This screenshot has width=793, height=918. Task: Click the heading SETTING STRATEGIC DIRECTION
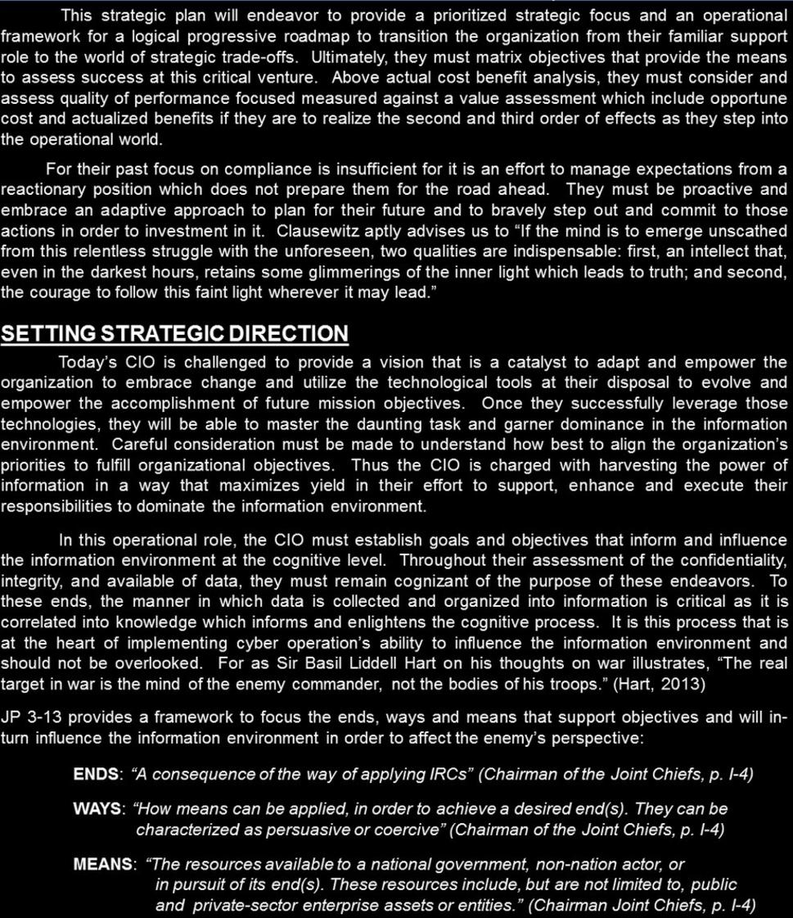(x=174, y=334)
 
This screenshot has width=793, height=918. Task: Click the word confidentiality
(x=718, y=560)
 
